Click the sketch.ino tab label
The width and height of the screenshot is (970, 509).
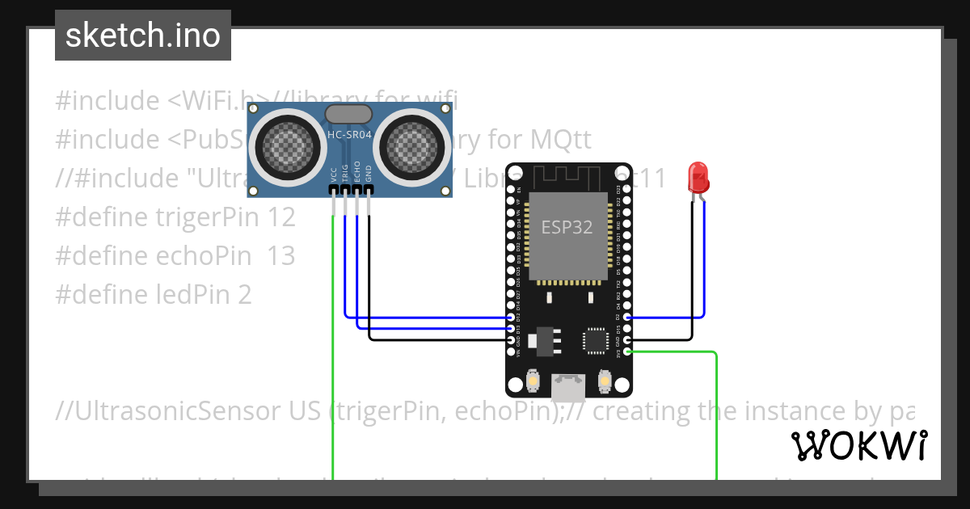pyautogui.click(x=142, y=36)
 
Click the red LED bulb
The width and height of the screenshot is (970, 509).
pyautogui.click(x=698, y=177)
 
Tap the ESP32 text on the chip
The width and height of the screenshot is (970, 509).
pyautogui.click(x=567, y=227)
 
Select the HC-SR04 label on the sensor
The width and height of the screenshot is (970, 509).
pyautogui.click(x=348, y=135)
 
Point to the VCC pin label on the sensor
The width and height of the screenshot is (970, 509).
pyautogui.click(x=333, y=175)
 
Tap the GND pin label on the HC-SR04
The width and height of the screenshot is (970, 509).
pyautogui.click(x=369, y=175)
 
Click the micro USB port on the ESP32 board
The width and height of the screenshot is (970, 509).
pyautogui.click(x=567, y=388)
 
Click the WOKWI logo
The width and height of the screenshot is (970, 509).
pyautogui.click(x=858, y=446)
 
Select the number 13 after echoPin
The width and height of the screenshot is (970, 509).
pyautogui.click(x=280, y=256)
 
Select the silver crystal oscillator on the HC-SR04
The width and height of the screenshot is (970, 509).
pyautogui.click(x=348, y=113)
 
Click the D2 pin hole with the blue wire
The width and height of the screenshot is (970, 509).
pyautogui.click(x=627, y=318)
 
